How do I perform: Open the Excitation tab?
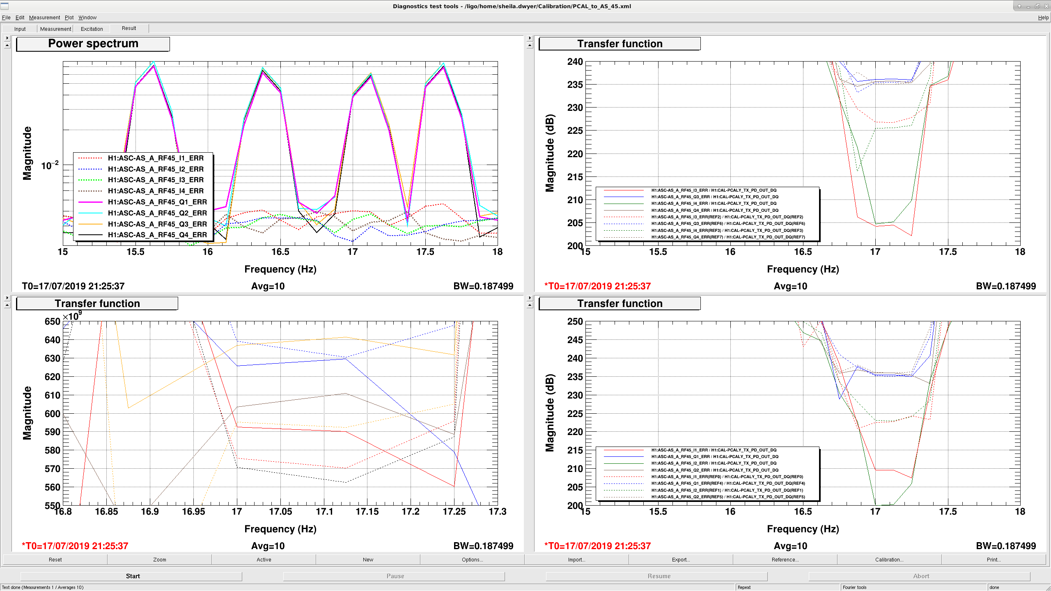pos(92,29)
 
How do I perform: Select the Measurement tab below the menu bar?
pos(55,29)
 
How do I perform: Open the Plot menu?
pos(69,18)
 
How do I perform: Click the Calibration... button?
pos(889,559)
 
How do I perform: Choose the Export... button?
pos(681,559)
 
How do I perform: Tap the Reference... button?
pos(785,559)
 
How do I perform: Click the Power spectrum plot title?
pos(93,44)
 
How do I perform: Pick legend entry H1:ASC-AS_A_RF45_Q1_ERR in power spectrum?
pos(157,202)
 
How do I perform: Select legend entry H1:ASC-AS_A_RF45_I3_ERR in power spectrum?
pos(156,180)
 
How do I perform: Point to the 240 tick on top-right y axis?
pos(575,62)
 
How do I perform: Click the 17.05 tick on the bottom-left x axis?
pos(280,512)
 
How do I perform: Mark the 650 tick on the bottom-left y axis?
pos(53,321)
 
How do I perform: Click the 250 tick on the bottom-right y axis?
pos(575,321)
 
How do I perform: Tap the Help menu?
pos(1043,18)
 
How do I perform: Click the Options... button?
pos(472,559)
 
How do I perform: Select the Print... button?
pos(994,559)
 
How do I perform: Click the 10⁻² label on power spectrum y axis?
pos(50,165)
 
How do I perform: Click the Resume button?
pos(659,576)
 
